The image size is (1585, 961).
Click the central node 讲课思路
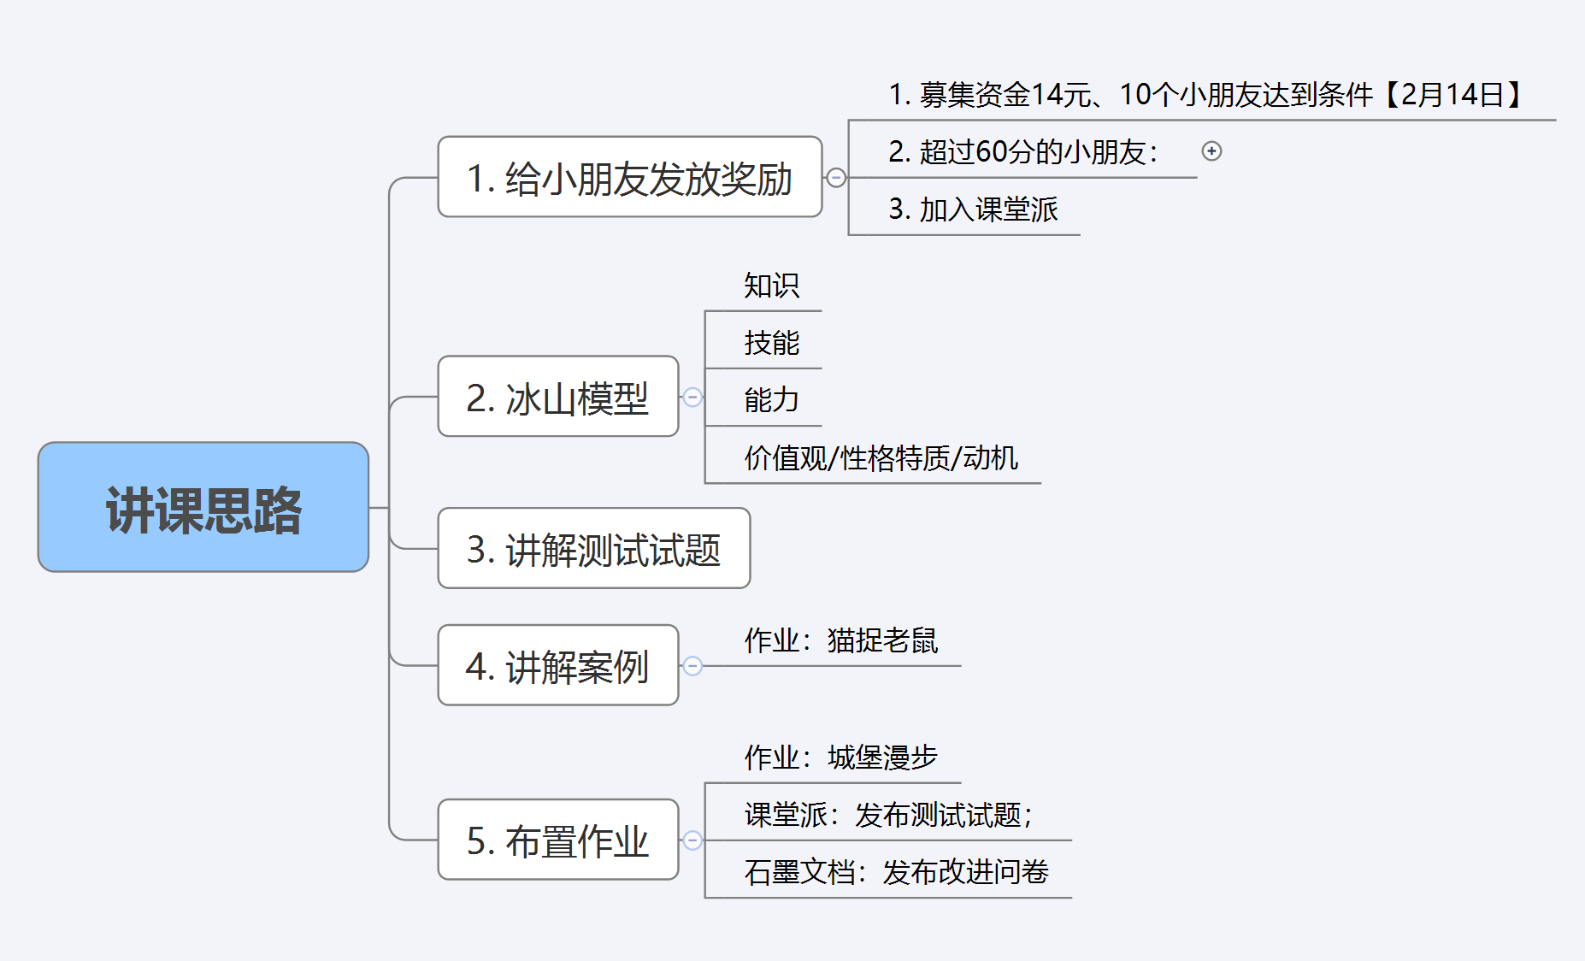(x=203, y=507)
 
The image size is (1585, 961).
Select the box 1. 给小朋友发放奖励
(x=629, y=177)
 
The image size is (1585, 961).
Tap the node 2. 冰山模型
(x=557, y=397)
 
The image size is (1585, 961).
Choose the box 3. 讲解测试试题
(x=593, y=548)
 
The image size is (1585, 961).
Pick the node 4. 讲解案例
(x=557, y=665)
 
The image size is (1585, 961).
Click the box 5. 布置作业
(x=557, y=840)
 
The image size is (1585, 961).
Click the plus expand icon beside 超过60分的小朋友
(x=1211, y=151)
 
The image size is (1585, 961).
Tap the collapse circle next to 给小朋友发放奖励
(x=836, y=177)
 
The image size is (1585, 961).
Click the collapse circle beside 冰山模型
(x=692, y=397)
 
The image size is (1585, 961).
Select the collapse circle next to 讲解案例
(x=692, y=665)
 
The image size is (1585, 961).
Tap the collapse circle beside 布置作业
(x=692, y=840)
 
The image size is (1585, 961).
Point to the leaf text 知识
(x=771, y=286)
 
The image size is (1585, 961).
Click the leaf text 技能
(x=771, y=343)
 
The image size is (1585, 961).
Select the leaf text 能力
(x=771, y=400)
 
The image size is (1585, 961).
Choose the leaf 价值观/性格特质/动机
(x=881, y=458)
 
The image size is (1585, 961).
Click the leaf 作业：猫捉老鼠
(x=840, y=640)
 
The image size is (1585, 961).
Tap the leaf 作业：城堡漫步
(x=840, y=758)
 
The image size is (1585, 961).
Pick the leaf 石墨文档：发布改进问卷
(x=896, y=872)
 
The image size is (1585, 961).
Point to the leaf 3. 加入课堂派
(x=973, y=209)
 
